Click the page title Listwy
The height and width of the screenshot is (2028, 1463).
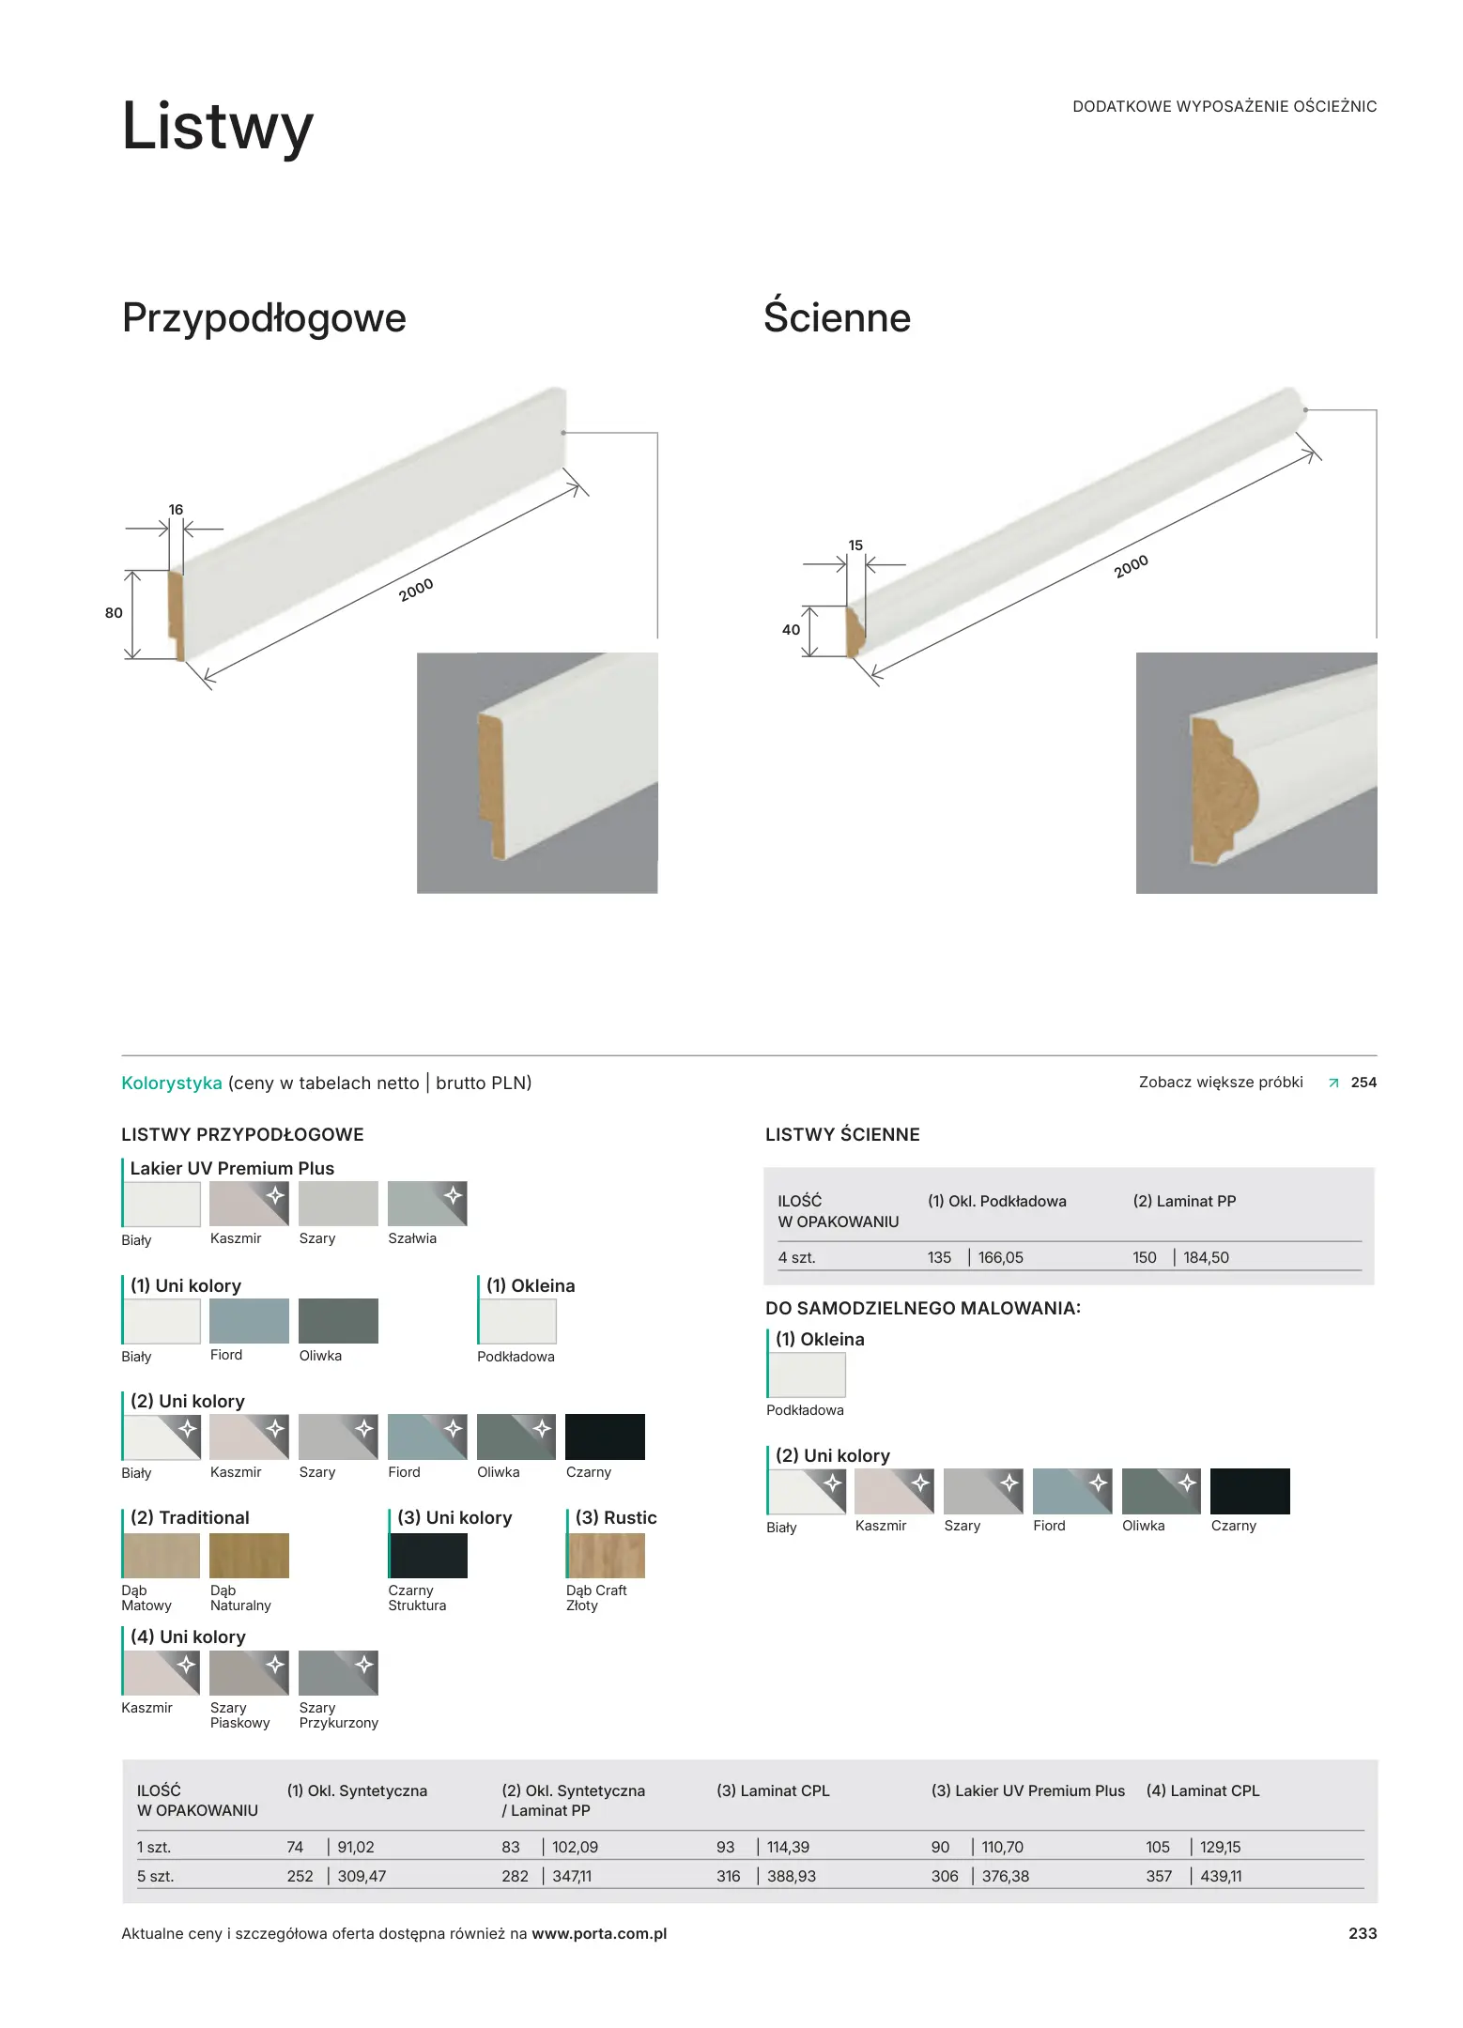[218, 127]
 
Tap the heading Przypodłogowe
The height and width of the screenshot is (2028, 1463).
[264, 318]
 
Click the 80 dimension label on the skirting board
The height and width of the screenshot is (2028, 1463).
[114, 613]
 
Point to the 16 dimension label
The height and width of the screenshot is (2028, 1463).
[176, 510]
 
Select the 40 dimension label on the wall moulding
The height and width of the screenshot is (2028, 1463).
[792, 630]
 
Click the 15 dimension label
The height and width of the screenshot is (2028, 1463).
[855, 545]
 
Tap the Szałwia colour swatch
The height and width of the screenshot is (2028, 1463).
[427, 1204]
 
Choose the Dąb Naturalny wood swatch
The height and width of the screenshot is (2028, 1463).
[249, 1556]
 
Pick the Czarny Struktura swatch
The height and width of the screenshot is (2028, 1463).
[427, 1556]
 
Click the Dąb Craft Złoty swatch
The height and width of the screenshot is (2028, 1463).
[606, 1556]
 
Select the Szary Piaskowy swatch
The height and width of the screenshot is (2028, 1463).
[249, 1673]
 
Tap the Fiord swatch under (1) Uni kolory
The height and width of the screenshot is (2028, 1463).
[249, 1321]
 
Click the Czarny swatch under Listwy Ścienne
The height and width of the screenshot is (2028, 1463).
[1250, 1491]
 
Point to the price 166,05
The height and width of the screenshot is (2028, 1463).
[1000, 1257]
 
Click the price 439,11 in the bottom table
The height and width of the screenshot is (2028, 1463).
[1221, 1876]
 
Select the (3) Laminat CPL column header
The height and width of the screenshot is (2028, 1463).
[773, 1790]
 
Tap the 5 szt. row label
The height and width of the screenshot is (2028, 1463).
[155, 1876]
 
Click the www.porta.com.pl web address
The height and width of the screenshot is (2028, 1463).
[599, 1933]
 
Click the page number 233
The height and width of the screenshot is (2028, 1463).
[1363, 1933]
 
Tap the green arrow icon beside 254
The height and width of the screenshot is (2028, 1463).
[1333, 1083]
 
